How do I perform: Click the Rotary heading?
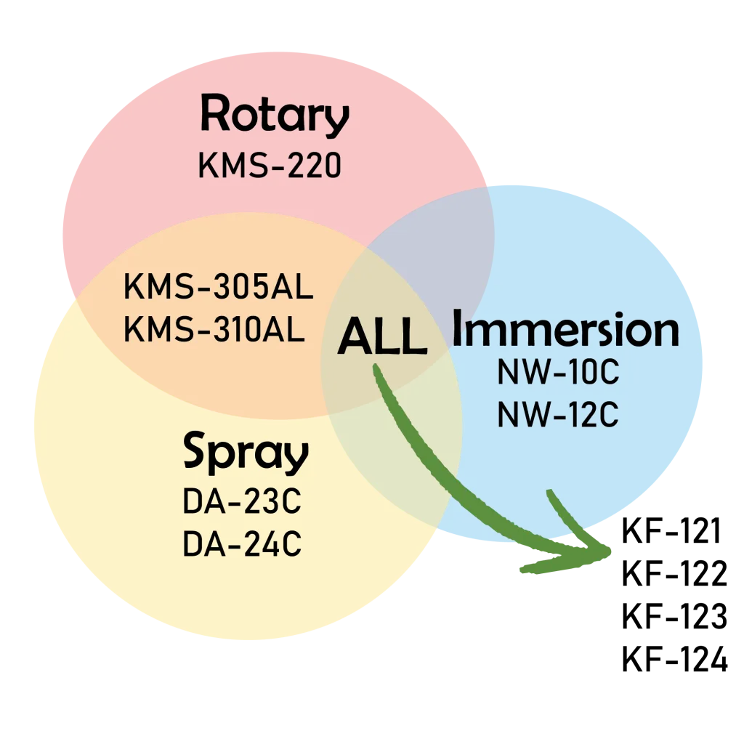tap(275, 116)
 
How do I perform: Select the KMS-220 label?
tap(270, 166)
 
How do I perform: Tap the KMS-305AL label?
tap(219, 288)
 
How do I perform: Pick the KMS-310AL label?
tap(214, 330)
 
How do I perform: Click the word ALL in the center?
tap(382, 338)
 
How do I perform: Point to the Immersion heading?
tap(565, 331)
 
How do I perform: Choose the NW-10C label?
tap(557, 373)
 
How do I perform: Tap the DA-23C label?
tap(242, 503)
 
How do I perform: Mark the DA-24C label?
tap(242, 544)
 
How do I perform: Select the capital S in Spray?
tap(196, 452)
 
